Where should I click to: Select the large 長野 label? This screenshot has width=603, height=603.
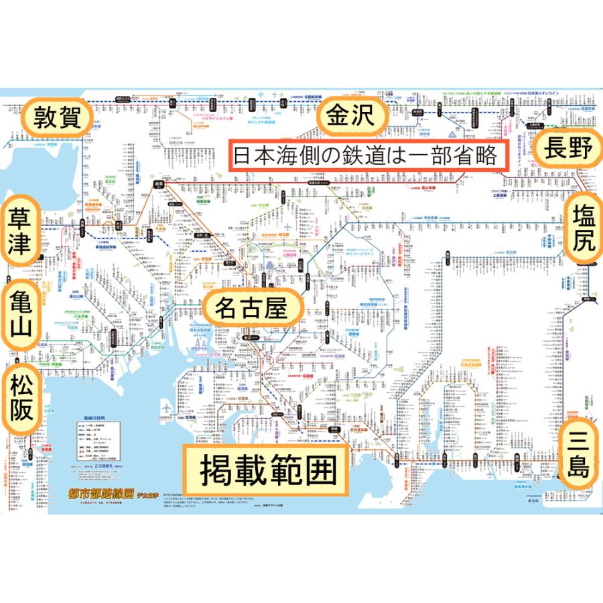tap(569, 148)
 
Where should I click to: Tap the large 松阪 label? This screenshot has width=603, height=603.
tap(21, 397)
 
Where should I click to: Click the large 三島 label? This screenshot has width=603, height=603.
tap(578, 453)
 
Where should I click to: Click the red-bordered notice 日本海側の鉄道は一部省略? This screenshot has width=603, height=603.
tap(365, 155)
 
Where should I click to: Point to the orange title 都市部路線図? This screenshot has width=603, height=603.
tap(100, 494)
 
